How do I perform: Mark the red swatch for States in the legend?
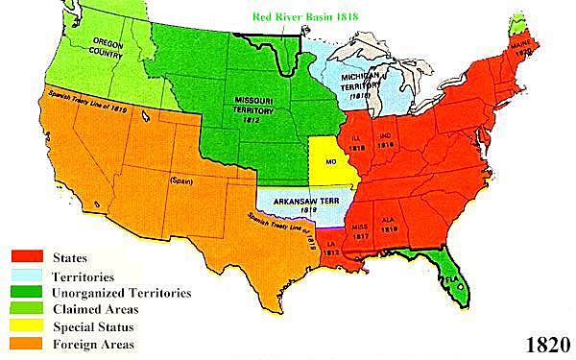click(x=28, y=256)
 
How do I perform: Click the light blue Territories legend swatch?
click(x=28, y=274)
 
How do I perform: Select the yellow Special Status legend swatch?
click(x=28, y=326)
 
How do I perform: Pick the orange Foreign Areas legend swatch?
click(x=28, y=344)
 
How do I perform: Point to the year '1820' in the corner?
click(x=547, y=343)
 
